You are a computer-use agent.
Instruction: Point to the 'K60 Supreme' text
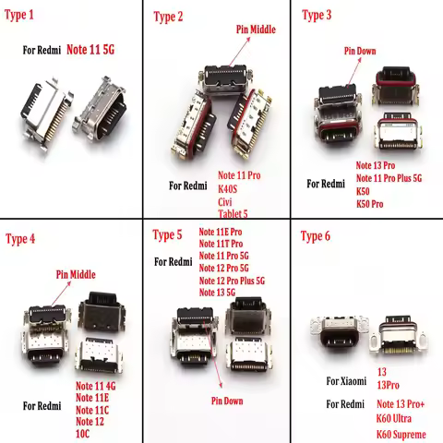pos(403,432)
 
